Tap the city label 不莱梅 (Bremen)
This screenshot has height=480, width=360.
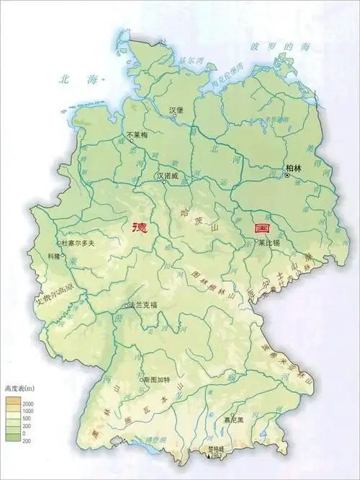tap(138, 135)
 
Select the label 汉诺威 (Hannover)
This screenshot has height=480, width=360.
tap(168, 175)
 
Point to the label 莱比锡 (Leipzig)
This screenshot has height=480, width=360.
tap(269, 244)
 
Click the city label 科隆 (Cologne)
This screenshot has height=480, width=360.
tap(54, 257)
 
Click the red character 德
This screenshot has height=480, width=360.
tap(140, 227)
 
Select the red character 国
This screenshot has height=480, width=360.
tap(261, 227)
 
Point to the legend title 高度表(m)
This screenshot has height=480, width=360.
tap(22, 388)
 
